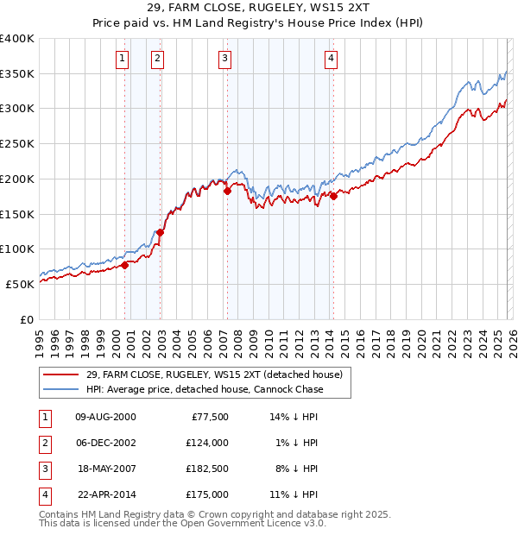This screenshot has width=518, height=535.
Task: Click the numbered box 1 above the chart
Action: [122, 59]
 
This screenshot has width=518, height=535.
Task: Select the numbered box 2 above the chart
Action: [158, 59]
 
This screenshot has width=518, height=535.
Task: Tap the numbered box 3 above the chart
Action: [224, 59]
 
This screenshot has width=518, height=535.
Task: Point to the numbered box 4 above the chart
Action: [331, 59]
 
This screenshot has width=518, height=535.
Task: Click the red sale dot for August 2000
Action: [124, 265]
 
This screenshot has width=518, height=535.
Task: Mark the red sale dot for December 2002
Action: [160, 232]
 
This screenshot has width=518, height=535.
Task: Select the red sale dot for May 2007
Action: [228, 192]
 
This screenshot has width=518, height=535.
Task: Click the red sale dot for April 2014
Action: [333, 197]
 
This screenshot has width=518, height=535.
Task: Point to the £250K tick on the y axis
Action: [17, 143]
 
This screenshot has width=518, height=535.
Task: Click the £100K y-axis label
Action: [17, 249]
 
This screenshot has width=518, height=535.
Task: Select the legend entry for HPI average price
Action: [205, 389]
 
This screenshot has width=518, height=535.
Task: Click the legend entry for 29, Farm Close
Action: [214, 374]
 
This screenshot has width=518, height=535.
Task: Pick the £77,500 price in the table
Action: [207, 416]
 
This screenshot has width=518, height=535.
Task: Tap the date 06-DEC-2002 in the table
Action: [105, 442]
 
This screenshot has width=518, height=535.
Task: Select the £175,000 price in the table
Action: [207, 494]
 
